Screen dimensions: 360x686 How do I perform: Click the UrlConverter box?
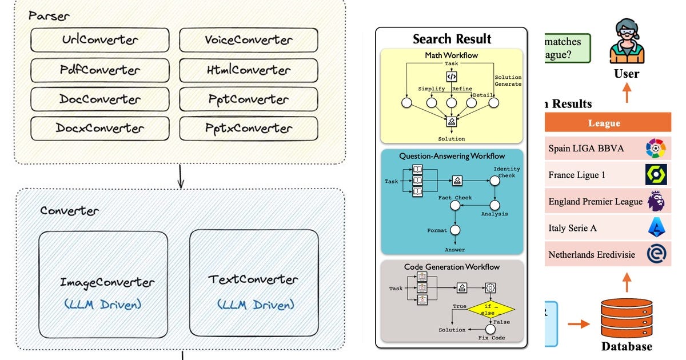100,40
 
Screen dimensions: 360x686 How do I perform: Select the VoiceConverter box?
248,40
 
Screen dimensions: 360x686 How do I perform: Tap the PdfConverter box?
100,70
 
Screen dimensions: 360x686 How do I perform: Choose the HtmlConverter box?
248,70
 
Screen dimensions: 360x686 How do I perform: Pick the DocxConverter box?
100,129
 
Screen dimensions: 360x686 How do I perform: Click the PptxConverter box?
248,129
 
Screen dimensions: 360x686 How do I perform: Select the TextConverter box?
254,283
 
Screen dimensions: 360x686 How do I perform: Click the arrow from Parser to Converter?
181,175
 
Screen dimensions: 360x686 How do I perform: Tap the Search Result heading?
452,39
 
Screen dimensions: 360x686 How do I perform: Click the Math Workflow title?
452,55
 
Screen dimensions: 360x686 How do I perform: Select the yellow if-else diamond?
491,309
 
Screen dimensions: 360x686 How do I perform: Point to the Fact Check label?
455,198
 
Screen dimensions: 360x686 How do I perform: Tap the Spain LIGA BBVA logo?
655,149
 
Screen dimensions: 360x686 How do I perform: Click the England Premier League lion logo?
655,201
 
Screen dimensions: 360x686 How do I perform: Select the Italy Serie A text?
572,228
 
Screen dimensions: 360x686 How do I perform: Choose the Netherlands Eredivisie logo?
655,254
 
